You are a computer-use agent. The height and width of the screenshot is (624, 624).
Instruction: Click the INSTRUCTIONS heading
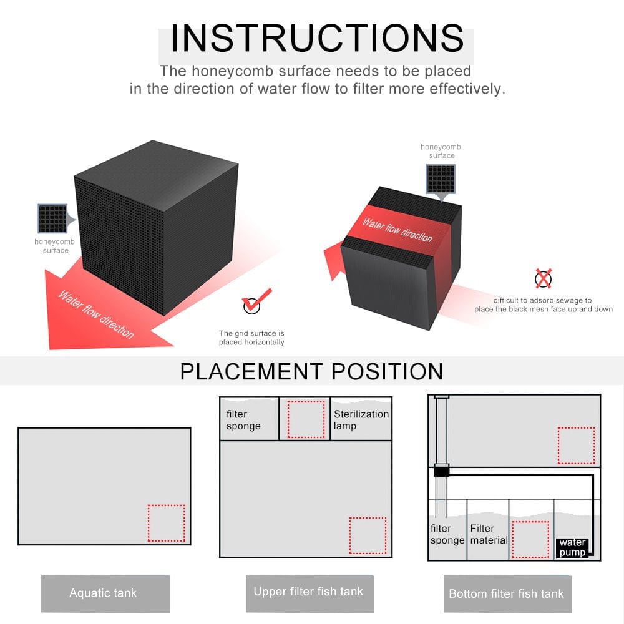coord(317,38)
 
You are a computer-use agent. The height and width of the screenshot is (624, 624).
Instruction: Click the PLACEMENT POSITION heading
coord(311,371)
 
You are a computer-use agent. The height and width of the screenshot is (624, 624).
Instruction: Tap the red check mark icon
coord(256,301)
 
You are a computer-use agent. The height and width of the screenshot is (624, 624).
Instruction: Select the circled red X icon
coord(544,278)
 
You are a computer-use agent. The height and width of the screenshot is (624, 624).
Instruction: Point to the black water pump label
coord(572,548)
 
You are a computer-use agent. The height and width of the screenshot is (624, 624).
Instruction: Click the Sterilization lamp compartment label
coord(361,420)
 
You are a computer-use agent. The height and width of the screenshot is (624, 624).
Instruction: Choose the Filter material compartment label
coord(489,534)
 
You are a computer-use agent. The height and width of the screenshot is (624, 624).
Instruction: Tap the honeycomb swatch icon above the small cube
coord(441,179)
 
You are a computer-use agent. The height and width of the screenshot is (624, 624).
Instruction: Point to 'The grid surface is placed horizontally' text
coord(251,338)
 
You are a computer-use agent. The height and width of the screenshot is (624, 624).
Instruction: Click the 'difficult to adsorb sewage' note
coord(544,305)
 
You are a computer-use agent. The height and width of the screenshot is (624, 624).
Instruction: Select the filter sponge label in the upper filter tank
coord(243,420)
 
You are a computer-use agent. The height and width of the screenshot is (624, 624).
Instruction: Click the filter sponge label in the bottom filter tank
coord(447,534)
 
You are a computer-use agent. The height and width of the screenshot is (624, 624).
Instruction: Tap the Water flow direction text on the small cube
coord(397,230)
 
